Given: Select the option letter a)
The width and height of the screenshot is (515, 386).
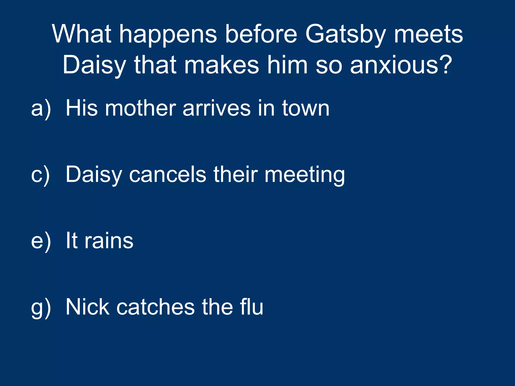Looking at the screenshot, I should [x=41, y=109].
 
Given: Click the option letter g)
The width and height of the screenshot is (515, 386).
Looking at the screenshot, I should [x=41, y=307].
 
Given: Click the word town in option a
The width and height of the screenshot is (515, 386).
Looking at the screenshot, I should [x=306, y=109].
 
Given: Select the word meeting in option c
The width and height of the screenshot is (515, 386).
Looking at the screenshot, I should [x=305, y=175].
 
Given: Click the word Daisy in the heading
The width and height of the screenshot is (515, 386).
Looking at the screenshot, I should [x=94, y=66].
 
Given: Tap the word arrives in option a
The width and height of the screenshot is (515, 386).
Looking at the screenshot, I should [x=217, y=109].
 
